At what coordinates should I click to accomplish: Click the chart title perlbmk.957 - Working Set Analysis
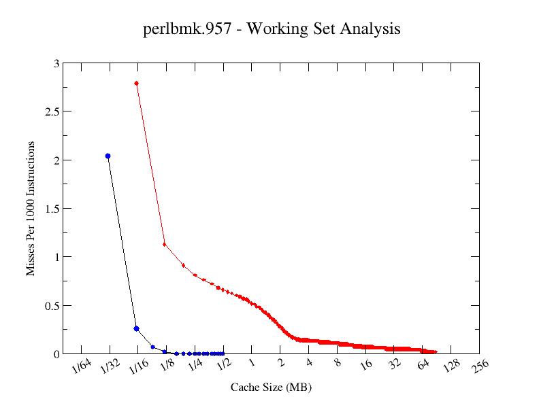point(272,29)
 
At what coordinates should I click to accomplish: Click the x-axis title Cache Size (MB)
point(271,387)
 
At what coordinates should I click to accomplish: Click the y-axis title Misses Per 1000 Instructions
point(31,209)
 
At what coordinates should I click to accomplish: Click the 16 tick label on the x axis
point(367,366)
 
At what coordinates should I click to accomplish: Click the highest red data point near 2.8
point(137,84)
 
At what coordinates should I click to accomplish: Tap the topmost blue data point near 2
point(108,156)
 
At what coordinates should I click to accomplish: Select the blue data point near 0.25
point(137,328)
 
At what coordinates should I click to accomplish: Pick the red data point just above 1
point(165,244)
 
